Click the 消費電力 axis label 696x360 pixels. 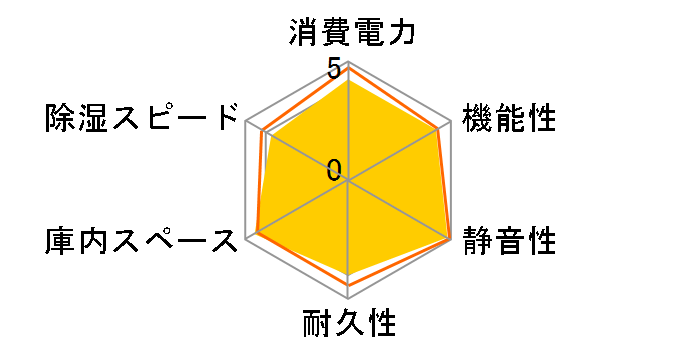[350, 34]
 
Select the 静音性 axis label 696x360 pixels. [508, 242]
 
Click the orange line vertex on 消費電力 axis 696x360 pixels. [349, 67]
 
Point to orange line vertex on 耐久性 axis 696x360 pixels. [349, 285]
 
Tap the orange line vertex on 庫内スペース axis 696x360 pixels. [257, 234]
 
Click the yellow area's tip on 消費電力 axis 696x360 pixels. [349, 82]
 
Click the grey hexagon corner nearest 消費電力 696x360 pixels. [349, 60]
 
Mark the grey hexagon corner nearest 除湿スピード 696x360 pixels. [245, 121]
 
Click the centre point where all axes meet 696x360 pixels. [349, 181]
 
